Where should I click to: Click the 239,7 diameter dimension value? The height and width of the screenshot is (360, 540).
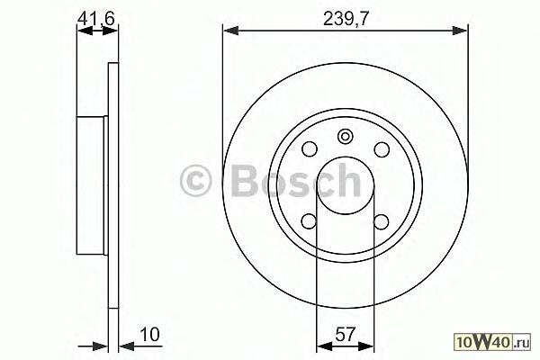click(346, 19)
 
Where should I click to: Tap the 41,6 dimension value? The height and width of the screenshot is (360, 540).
click(96, 18)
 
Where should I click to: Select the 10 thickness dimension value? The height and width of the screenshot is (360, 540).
click(150, 334)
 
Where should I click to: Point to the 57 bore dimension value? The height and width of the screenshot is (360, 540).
click(345, 334)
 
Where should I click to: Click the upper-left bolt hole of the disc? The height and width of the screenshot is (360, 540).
click(310, 149)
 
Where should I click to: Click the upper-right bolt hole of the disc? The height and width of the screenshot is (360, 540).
click(382, 149)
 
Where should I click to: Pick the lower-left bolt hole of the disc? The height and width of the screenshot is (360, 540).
click(310, 221)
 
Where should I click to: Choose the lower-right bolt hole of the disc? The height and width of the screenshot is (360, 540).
click(382, 221)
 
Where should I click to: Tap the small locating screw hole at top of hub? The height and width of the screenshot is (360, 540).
click(345, 137)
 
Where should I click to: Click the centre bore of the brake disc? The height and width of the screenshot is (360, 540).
click(345, 185)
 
